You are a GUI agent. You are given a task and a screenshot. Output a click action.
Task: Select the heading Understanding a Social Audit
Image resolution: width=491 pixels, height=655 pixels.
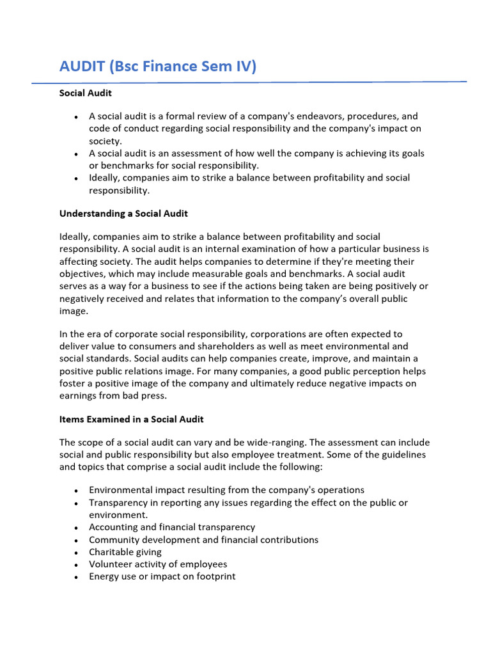click(123, 213)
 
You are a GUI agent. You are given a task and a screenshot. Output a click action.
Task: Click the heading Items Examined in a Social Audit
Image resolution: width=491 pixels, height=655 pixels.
click(131, 419)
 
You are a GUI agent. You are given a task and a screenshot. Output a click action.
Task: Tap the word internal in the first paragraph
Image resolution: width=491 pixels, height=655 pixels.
click(238, 249)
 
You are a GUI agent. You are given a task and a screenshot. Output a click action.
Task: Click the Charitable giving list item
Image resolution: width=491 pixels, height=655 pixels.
click(125, 552)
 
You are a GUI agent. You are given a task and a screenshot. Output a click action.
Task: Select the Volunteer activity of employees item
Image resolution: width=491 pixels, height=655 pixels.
click(158, 564)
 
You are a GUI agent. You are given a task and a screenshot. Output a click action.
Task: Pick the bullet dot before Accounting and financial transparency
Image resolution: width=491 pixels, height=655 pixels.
click(76, 528)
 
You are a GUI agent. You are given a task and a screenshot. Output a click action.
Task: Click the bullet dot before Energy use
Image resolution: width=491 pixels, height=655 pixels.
click(76, 577)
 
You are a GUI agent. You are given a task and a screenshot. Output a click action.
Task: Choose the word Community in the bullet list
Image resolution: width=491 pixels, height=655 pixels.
click(112, 540)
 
